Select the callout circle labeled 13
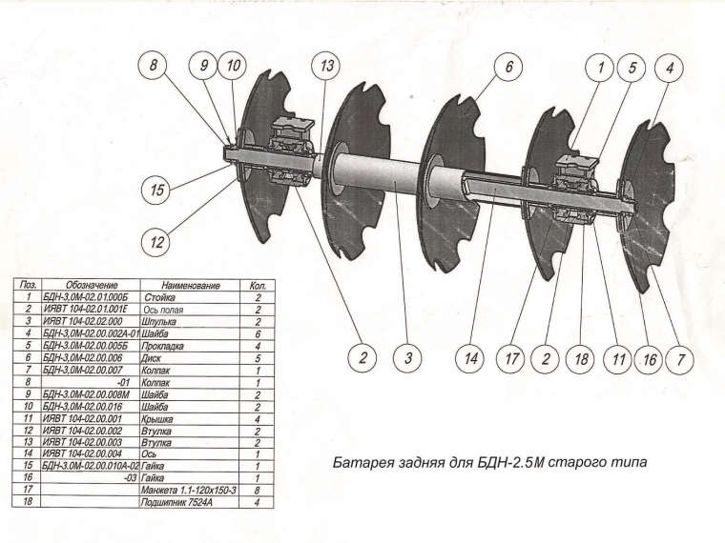(327, 68)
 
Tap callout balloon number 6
(509, 68)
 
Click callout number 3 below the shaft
(407, 359)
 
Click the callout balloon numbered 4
(671, 68)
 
